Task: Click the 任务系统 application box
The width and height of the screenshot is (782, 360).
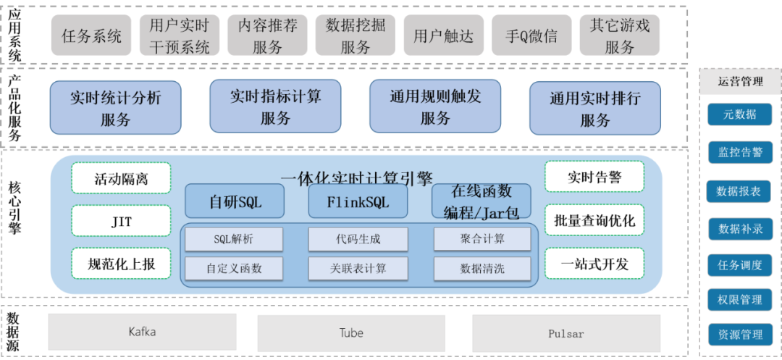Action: pyautogui.click(x=91, y=35)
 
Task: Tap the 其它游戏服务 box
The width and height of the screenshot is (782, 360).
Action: pyautogui.click(x=620, y=35)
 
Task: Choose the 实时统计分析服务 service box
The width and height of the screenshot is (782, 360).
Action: pyautogui.click(x=115, y=108)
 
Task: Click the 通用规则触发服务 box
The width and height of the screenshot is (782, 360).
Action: pyautogui.click(x=435, y=107)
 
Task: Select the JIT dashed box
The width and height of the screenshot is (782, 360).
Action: pyautogui.click(x=121, y=221)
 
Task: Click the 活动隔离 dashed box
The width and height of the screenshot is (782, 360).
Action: pyautogui.click(x=121, y=178)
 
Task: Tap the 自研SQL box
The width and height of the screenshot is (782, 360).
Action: pyautogui.click(x=235, y=201)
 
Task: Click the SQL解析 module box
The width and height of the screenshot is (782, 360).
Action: pyautogui.click(x=234, y=238)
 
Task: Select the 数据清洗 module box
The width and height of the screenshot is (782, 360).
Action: pyautogui.click(x=482, y=269)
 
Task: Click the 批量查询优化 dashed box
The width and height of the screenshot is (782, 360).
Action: pyautogui.click(x=594, y=220)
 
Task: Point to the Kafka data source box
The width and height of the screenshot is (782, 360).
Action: pyautogui.click(x=142, y=332)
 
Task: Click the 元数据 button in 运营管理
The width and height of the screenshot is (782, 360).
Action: pyautogui.click(x=739, y=114)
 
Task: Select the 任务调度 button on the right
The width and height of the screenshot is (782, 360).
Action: pyautogui.click(x=739, y=265)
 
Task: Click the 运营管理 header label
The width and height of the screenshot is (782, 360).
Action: pyautogui.click(x=739, y=82)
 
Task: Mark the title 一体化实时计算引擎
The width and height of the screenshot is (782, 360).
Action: pyautogui.click(x=356, y=177)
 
